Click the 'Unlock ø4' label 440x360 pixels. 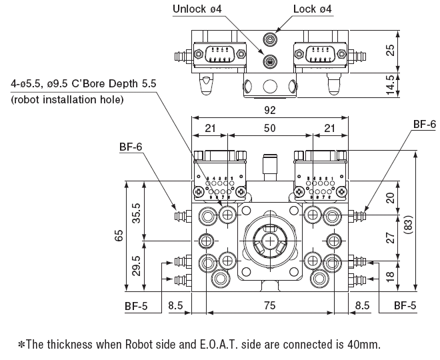[199, 10]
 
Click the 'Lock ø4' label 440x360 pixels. [313, 10]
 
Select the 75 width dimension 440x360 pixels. [269, 306]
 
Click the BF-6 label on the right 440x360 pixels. [424, 124]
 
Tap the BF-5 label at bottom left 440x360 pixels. [137, 306]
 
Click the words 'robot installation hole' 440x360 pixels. [67, 100]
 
